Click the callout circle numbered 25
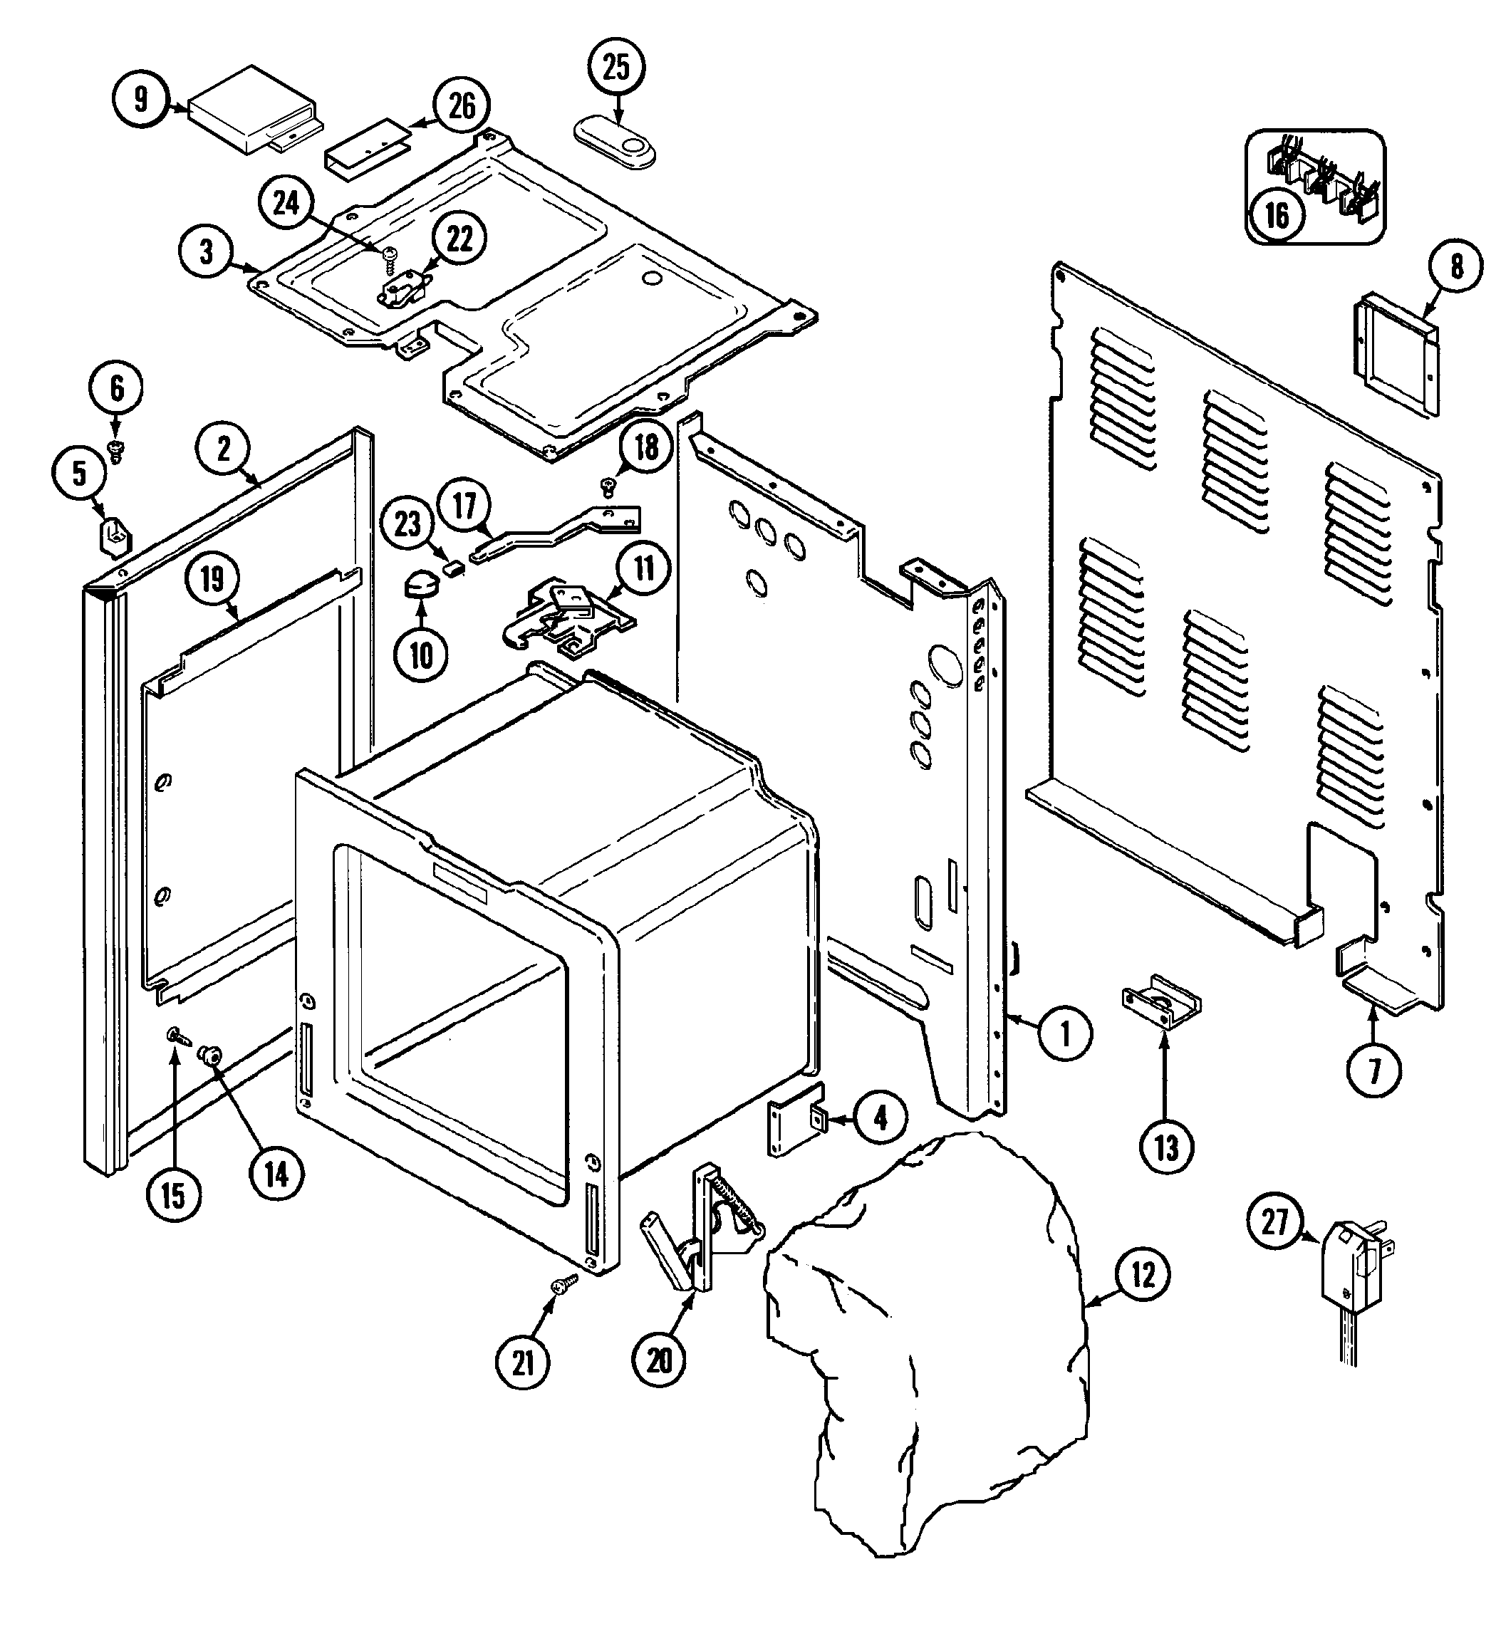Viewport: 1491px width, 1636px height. click(x=617, y=68)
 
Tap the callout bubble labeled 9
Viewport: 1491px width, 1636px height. click(x=140, y=99)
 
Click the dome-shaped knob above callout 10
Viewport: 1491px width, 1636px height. click(x=420, y=583)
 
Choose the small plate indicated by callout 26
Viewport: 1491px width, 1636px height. click(x=367, y=147)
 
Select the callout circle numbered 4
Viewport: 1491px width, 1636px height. click(x=880, y=1118)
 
